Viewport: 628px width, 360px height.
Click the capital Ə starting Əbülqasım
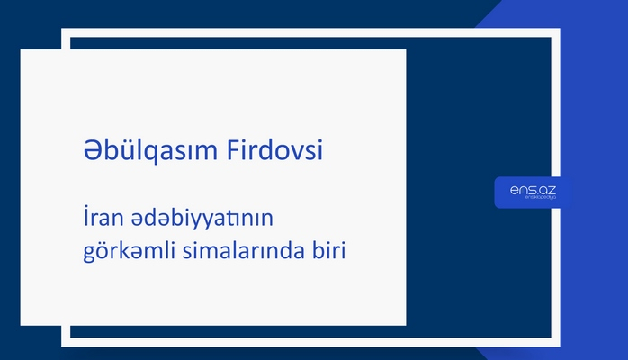[85, 151]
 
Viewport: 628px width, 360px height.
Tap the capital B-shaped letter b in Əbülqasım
[102, 151]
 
